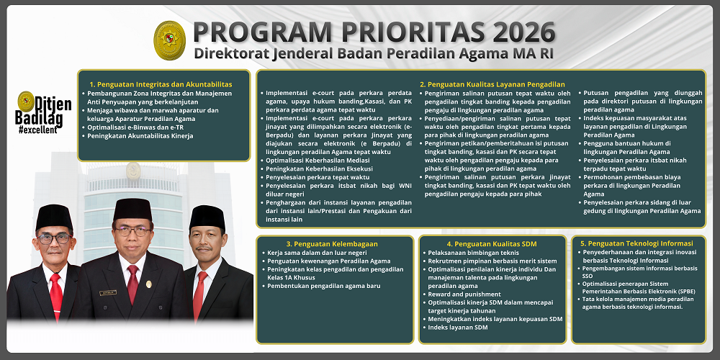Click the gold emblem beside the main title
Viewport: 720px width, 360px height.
click(x=171, y=40)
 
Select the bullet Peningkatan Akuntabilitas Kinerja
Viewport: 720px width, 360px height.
click(x=140, y=135)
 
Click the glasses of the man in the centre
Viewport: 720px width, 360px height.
click(x=132, y=232)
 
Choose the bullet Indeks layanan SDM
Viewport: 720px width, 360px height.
click(x=457, y=328)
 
